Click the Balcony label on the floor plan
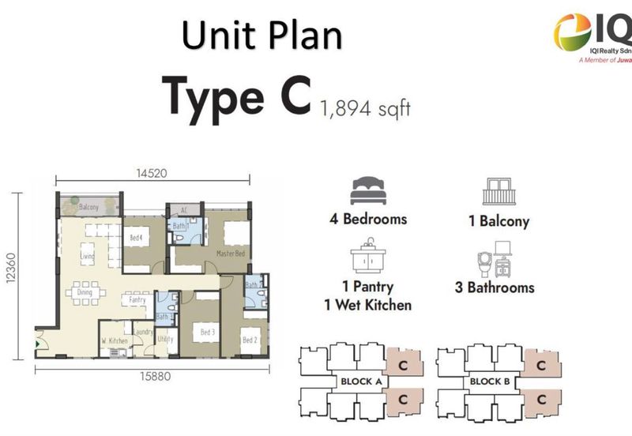(x=89, y=207)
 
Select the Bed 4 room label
(x=136, y=237)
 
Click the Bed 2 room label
(x=250, y=340)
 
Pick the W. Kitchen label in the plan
(x=115, y=340)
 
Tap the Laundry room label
(x=143, y=333)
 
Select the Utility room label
(x=165, y=340)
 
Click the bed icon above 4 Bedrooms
(x=367, y=191)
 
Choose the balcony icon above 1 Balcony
(x=498, y=191)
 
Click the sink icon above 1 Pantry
(x=367, y=260)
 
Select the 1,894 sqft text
(x=366, y=108)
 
